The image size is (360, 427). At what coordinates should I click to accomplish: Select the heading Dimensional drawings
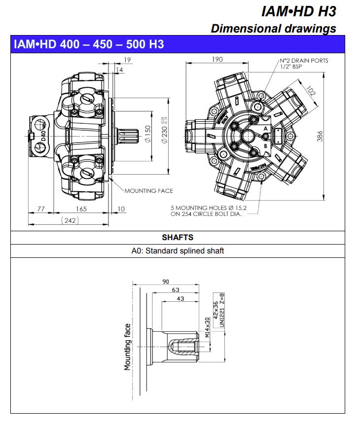[x=273, y=28]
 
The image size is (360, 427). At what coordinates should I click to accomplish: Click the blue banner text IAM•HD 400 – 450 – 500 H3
[x=89, y=44]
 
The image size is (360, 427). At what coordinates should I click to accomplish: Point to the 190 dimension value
[x=217, y=59]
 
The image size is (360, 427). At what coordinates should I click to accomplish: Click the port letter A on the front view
[x=266, y=128]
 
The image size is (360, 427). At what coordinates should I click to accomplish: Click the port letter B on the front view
[x=265, y=146]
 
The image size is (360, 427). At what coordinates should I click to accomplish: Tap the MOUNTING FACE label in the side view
[x=148, y=190]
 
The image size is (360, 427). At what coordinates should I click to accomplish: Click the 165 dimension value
[x=81, y=209]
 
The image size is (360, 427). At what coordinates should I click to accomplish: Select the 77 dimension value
[x=41, y=209]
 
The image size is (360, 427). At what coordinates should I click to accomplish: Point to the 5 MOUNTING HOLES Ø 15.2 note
[x=207, y=211]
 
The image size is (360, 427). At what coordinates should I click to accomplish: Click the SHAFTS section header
[x=178, y=237]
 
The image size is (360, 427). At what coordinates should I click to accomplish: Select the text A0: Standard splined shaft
[x=178, y=250]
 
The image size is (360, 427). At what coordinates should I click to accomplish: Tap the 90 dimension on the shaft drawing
[x=166, y=282]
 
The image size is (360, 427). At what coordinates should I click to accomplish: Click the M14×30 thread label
[x=207, y=327]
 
